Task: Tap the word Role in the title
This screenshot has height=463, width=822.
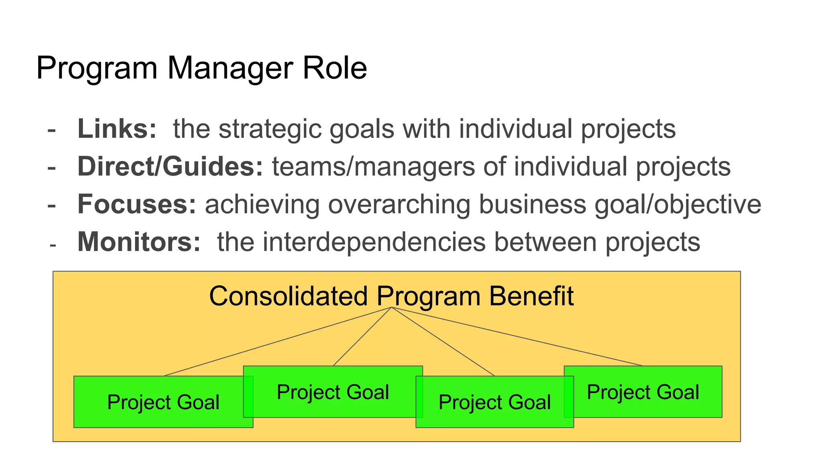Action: [335, 68]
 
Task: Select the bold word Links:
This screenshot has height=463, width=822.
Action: [117, 129]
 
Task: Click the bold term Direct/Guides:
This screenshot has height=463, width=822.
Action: [170, 166]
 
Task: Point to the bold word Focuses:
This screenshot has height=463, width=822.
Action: [137, 204]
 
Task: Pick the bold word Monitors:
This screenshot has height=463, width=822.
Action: [139, 242]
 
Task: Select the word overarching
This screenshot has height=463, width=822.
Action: [399, 205]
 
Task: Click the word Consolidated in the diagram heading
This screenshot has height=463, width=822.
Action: [289, 297]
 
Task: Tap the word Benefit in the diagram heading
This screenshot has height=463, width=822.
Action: [531, 297]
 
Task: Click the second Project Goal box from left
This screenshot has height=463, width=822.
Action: [333, 391]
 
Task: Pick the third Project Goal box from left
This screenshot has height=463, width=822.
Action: [494, 402]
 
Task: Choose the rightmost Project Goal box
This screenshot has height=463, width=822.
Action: [643, 391]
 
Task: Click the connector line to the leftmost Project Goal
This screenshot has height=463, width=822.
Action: [277, 342]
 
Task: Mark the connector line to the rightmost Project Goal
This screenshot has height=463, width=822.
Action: [517, 336]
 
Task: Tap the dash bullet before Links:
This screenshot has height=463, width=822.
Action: [51, 131]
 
